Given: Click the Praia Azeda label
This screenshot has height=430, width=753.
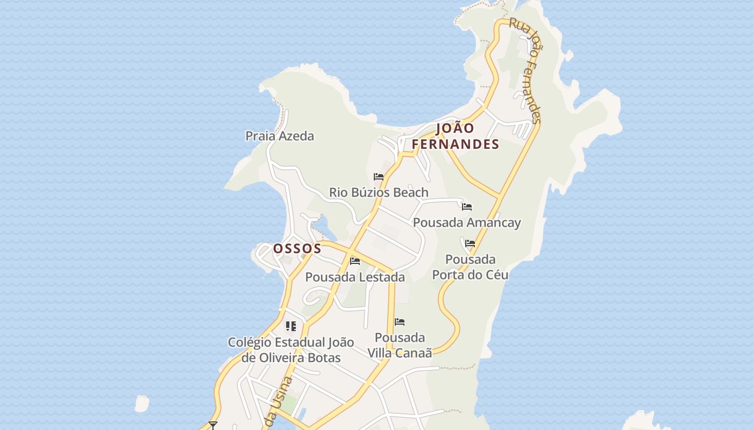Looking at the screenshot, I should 280,136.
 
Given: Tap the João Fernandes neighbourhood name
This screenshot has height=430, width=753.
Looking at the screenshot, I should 456,136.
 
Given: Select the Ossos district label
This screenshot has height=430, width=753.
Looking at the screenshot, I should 297,248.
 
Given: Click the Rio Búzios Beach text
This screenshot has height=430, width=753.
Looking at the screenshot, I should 379,192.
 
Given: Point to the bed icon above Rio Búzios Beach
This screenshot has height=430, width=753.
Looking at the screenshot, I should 379,176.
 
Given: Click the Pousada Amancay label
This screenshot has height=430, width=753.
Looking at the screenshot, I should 467,223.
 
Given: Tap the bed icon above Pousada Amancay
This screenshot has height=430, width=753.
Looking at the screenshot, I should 467,206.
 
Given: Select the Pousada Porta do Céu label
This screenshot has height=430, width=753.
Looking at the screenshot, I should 471,267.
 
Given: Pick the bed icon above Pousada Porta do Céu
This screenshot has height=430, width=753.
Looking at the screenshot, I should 470,243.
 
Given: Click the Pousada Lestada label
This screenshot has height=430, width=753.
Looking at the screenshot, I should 355,277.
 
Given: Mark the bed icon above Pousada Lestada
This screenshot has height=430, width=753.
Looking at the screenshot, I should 355,261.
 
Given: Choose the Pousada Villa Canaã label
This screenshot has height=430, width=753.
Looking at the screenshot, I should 400,345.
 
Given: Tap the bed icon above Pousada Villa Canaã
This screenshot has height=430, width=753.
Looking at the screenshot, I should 400,322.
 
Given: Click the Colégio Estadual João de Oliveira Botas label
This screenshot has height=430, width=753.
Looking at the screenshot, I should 291,350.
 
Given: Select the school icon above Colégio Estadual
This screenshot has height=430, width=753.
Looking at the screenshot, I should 291,326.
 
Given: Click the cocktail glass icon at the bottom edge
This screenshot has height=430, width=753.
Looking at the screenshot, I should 213,425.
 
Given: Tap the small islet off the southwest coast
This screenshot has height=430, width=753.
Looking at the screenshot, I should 141,403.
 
